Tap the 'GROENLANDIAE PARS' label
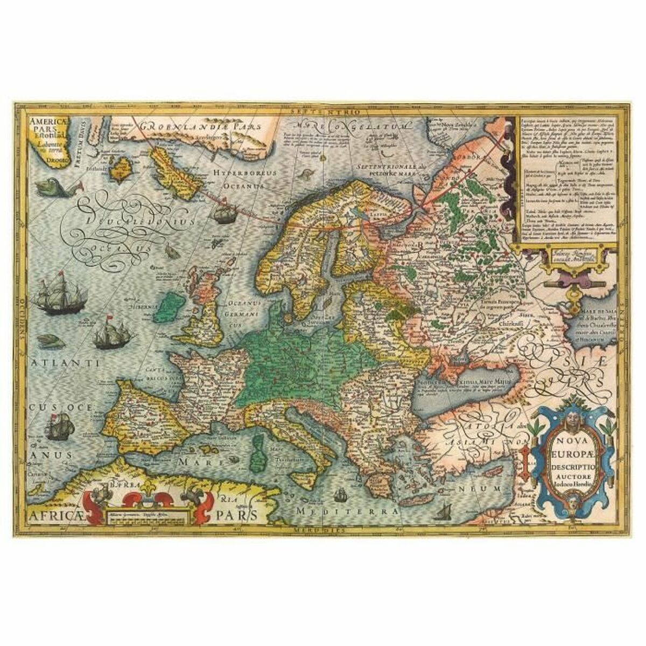click(200, 126)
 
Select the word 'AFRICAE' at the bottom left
click(58, 516)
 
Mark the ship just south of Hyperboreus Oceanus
click(223, 214)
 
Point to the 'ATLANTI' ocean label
click(62, 364)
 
